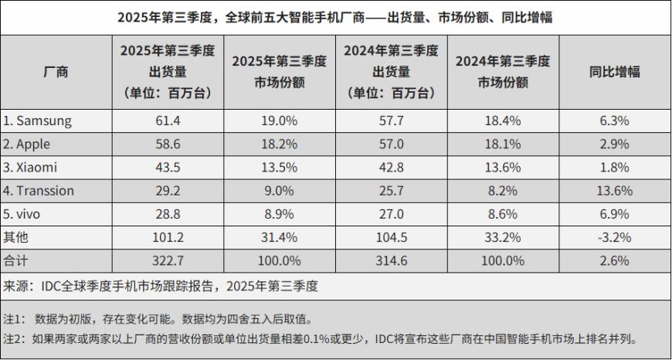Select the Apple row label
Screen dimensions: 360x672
[32, 144]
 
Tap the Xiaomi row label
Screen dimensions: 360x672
[33, 167]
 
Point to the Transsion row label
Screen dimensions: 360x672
[39, 190]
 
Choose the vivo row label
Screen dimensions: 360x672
[25, 213]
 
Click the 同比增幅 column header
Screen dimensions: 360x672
[615, 72]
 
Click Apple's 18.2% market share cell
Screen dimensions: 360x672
[282, 144]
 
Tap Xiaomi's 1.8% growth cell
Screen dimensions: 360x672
[615, 167]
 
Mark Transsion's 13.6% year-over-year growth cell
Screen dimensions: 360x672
[615, 190]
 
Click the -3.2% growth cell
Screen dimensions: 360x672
[615, 236]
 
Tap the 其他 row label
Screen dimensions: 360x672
[16, 236]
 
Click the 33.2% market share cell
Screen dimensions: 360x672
[502, 236]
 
